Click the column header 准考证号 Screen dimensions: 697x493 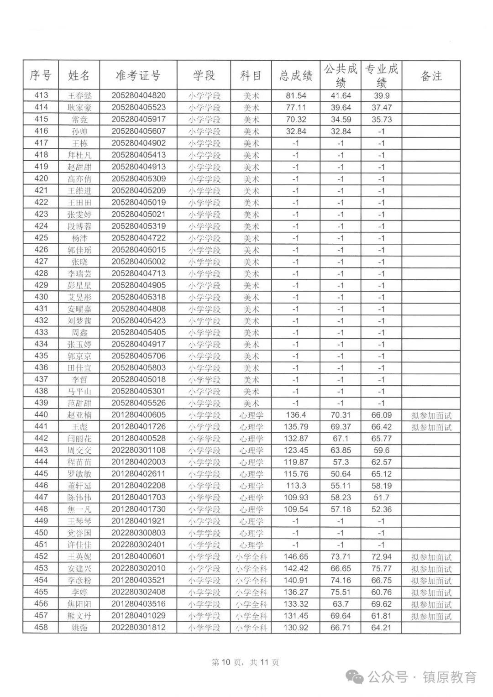pyautogui.click(x=138, y=76)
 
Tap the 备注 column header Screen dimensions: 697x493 pyautogui.click(x=431, y=76)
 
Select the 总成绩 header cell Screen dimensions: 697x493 pyautogui.click(x=295, y=76)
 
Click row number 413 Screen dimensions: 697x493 pyautogui.click(x=41, y=95)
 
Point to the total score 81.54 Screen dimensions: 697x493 pyautogui.click(x=295, y=95)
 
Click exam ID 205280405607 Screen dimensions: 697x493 pyautogui.click(x=138, y=131)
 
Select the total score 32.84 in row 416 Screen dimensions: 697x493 pyautogui.click(x=295, y=131)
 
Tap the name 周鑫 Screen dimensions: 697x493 pyautogui.click(x=79, y=332)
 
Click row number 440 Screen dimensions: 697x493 pyautogui.click(x=41, y=415)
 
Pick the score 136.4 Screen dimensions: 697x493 pyautogui.click(x=295, y=415)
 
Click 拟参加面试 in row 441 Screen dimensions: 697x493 pyautogui.click(x=431, y=427)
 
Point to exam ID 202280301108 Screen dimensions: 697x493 pyautogui.click(x=138, y=451)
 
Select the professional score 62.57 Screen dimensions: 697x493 pyautogui.click(x=381, y=462)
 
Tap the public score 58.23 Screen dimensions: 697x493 pyautogui.click(x=341, y=498)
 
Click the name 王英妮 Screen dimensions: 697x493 pyautogui.click(x=79, y=557)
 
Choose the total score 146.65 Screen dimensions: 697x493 pyautogui.click(x=295, y=557)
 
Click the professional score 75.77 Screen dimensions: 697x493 pyautogui.click(x=381, y=569)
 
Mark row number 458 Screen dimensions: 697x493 pyautogui.click(x=41, y=628)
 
